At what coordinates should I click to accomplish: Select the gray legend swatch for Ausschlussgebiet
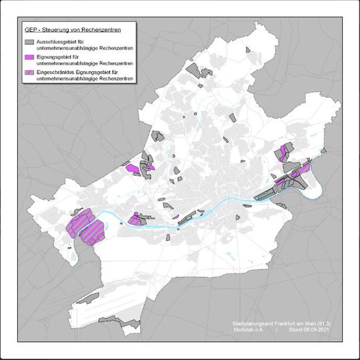[29, 42]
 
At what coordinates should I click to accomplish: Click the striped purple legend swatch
[29, 73]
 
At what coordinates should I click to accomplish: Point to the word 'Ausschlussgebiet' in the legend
[59, 41]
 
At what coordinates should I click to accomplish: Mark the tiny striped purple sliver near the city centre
[175, 217]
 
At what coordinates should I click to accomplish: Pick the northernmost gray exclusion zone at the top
[193, 70]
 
